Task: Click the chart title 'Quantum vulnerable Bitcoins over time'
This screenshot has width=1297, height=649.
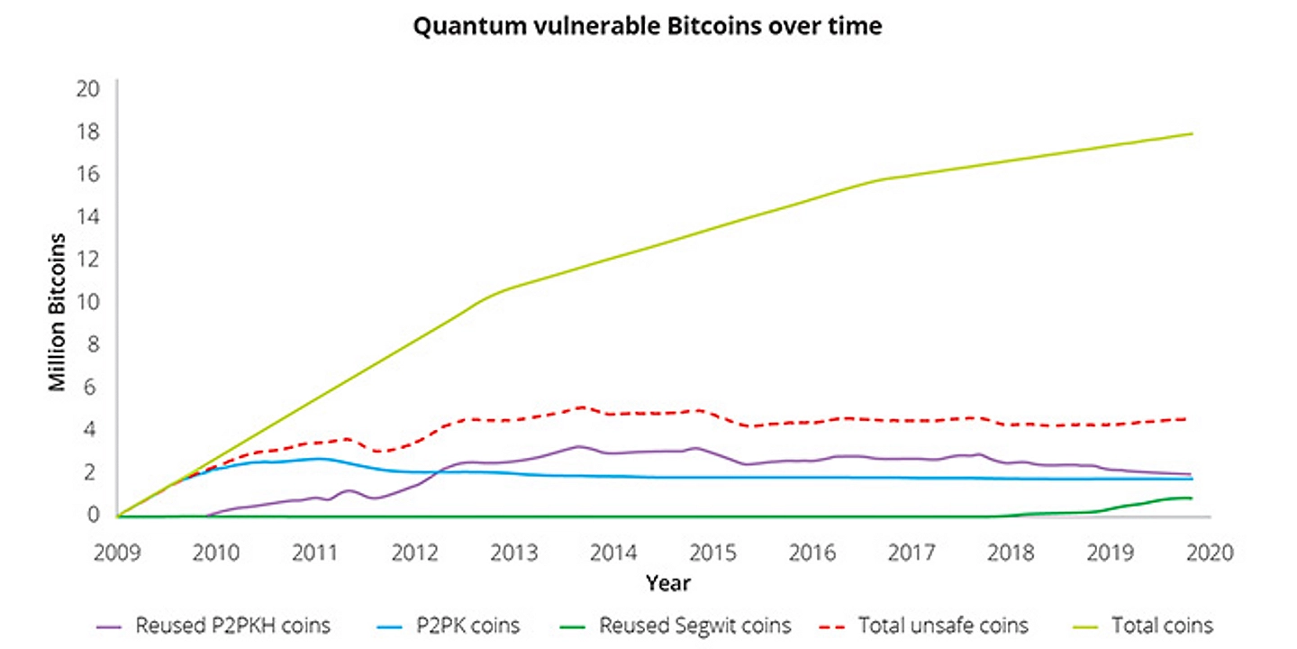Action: pyautogui.click(x=648, y=26)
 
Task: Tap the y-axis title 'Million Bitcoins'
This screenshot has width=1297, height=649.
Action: pyautogui.click(x=58, y=312)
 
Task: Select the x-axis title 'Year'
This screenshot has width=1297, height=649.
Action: pyautogui.click(x=667, y=584)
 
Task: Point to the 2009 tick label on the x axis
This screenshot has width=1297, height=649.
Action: pyautogui.click(x=117, y=551)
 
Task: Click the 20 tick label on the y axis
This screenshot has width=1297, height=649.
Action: pyautogui.click(x=86, y=88)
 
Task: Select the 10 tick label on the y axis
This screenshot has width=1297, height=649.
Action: pyautogui.click(x=86, y=301)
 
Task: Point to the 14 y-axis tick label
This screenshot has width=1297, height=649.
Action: pyautogui.click(x=86, y=216)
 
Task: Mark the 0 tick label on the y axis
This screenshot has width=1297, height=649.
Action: pyautogui.click(x=92, y=515)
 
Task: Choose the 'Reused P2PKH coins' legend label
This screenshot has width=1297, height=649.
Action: pyautogui.click(x=232, y=625)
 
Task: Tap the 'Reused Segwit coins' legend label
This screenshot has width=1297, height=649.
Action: pyautogui.click(x=695, y=625)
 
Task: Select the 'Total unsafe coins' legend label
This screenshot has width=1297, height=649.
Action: pyautogui.click(x=943, y=625)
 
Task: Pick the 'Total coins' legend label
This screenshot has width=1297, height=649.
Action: pyautogui.click(x=1162, y=625)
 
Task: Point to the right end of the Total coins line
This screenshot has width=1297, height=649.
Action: pyautogui.click(x=1192, y=134)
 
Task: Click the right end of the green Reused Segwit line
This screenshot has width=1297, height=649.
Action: pyautogui.click(x=1192, y=498)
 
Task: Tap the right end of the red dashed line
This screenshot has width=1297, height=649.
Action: pyautogui.click(x=1190, y=418)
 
